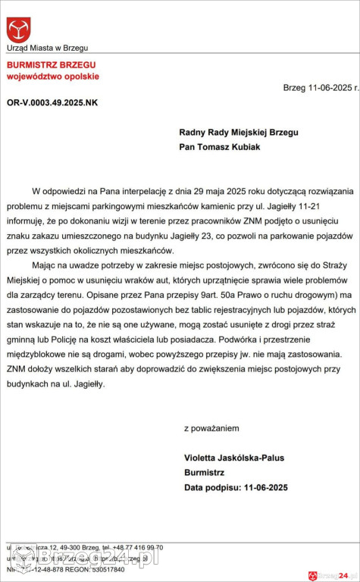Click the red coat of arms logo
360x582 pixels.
coord(19,30)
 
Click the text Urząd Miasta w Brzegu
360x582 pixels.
coord(48,48)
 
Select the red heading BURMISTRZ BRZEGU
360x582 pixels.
coord(46,66)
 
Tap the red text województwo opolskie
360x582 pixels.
coord(53,77)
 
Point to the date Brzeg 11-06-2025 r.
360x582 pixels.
coord(318,88)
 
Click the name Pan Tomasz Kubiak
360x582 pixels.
coord(220,147)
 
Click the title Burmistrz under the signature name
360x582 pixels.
coord(204,472)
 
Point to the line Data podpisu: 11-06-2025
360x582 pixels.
coord(236,487)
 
